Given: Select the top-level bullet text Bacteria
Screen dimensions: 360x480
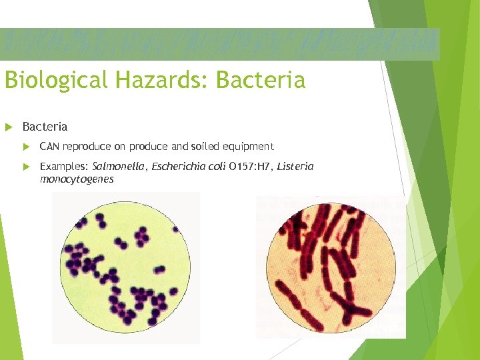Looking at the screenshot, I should pos(45,127).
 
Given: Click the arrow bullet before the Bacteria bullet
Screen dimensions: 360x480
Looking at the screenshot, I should pos(9,127).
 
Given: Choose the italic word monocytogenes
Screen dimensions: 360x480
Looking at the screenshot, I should pos(77,179).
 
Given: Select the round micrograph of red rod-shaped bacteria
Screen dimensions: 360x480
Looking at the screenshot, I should pos(331,267).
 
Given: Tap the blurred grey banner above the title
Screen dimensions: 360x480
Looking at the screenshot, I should pos(220,44).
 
